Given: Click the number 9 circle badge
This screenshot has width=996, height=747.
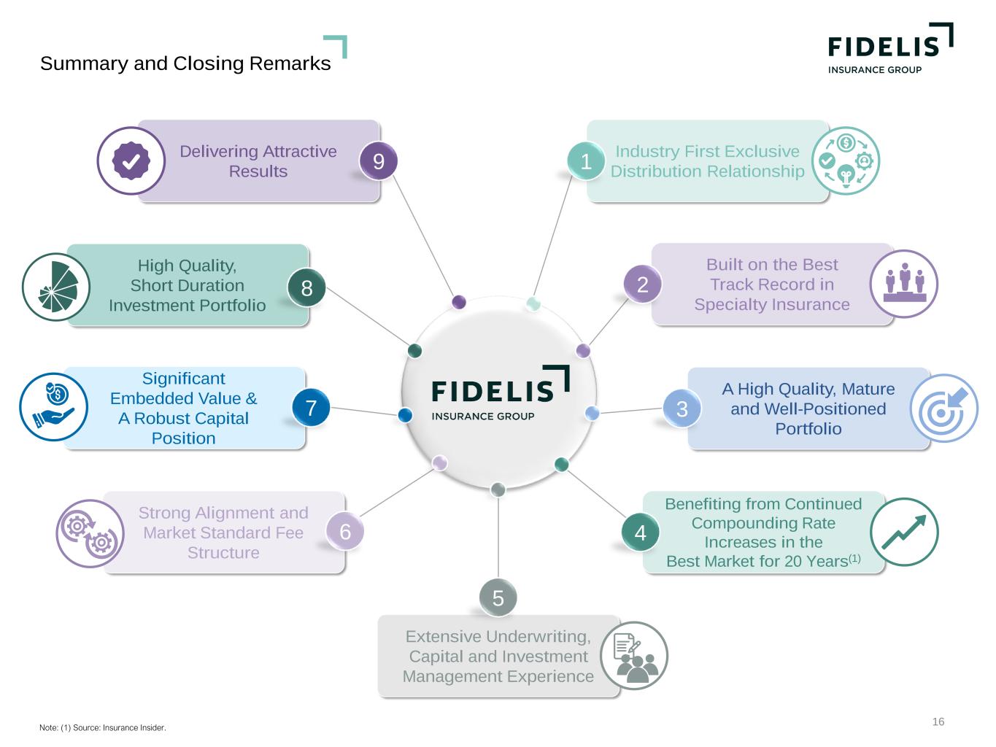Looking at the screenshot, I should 379,160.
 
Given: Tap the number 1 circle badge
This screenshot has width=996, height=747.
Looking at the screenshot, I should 585,161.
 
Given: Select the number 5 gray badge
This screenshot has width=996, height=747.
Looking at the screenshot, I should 498,597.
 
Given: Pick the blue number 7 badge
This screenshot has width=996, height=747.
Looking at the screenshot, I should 311,407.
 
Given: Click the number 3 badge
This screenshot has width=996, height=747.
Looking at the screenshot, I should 682,409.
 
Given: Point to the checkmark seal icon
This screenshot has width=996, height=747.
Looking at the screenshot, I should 131,161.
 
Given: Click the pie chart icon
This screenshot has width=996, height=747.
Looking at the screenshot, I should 56,287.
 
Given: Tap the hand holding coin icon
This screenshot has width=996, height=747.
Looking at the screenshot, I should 53,407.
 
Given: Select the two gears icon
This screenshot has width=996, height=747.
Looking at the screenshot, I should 90,533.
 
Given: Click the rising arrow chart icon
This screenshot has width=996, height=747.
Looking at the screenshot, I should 904,532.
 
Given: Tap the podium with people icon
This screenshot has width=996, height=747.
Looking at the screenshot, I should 904,284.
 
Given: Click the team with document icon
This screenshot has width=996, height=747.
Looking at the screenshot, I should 634,655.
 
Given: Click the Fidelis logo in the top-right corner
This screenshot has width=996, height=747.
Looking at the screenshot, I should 889,48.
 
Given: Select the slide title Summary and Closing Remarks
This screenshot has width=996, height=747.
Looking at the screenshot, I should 185,63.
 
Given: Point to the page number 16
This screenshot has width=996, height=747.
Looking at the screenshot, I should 938,721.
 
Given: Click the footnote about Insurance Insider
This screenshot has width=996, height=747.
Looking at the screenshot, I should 103,727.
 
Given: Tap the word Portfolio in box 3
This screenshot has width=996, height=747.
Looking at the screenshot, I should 808,429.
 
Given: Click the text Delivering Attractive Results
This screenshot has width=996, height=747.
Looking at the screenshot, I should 258,161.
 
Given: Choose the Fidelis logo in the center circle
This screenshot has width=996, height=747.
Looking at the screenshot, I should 500,394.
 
